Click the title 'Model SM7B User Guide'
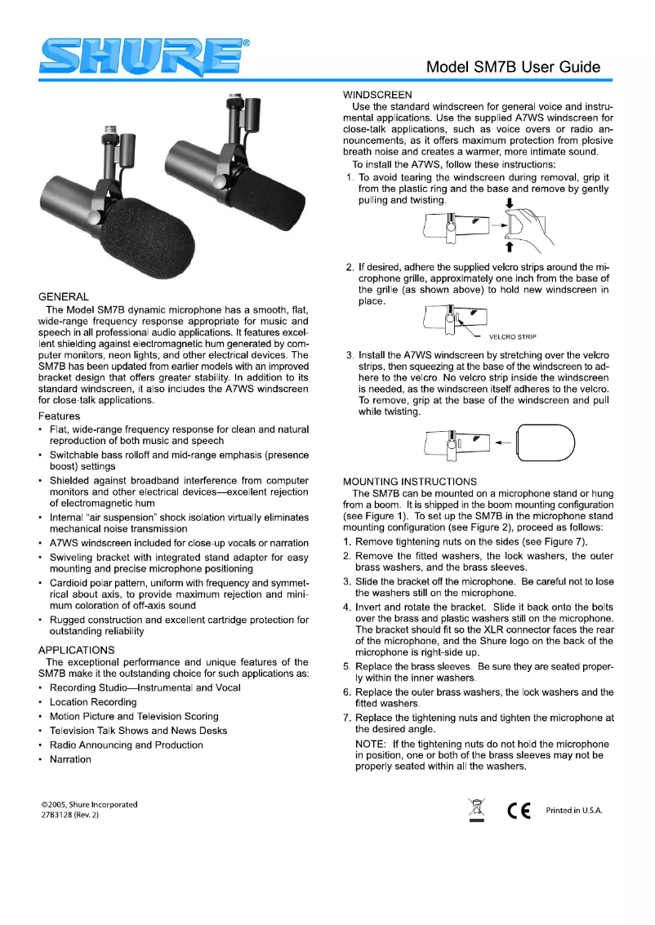(x=513, y=67)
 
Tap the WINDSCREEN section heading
(x=377, y=93)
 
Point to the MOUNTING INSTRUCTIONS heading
(x=409, y=481)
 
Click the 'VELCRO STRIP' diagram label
(x=514, y=336)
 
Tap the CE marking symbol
(x=519, y=811)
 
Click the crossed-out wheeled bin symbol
(x=476, y=811)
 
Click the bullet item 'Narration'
(x=70, y=759)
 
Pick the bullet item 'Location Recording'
(x=93, y=702)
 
